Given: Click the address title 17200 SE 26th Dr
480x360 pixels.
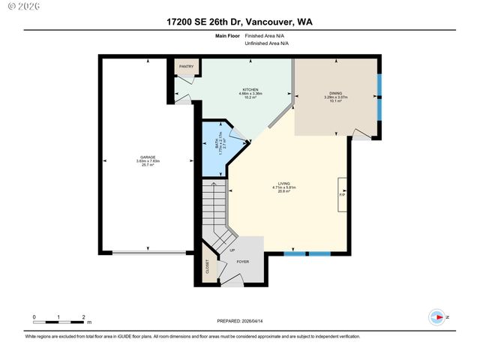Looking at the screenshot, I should [239, 22].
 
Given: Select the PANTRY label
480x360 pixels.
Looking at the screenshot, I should [186, 67].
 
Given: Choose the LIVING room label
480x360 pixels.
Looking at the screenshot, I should [284, 182].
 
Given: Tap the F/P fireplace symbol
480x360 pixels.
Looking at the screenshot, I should [342, 193].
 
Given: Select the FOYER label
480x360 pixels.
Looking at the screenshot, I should [242, 262].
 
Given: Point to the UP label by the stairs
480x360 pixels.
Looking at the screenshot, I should [232, 250].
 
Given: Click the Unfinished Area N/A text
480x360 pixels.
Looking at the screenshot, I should [267, 43].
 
